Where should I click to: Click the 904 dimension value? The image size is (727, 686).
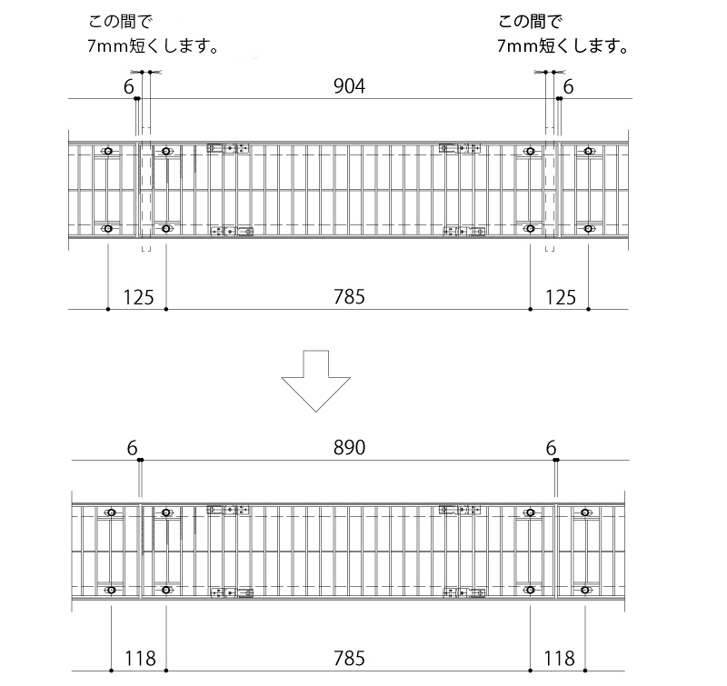click(349, 86)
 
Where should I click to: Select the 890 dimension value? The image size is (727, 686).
click(349, 448)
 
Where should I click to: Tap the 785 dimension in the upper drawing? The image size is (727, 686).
click(349, 297)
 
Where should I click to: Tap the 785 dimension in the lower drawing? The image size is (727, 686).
click(349, 659)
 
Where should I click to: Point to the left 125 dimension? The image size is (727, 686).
click(138, 298)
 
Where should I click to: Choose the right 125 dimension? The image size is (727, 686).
click(560, 298)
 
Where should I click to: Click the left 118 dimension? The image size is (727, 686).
click(140, 659)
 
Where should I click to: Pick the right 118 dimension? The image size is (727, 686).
click(559, 659)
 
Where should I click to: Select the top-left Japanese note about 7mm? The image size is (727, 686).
click(153, 34)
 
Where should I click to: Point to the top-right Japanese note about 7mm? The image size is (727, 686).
click(563, 34)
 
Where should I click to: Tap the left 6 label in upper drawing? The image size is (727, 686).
click(128, 86)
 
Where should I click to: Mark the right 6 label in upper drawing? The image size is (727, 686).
click(569, 86)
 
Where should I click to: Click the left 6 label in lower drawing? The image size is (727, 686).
click(132, 448)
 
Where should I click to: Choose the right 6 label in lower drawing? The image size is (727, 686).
click(551, 448)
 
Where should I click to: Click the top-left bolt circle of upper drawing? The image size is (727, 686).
click(108, 151)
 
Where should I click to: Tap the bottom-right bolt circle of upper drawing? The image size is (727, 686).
click(588, 228)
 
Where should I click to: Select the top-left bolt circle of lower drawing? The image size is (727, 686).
click(111, 512)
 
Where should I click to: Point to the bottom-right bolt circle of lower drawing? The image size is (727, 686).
click(585, 590)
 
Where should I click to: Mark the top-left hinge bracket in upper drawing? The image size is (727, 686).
click(228, 148)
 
